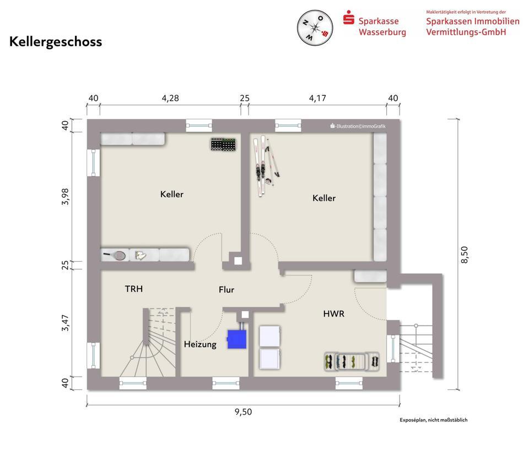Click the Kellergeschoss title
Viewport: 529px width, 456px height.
(x=56, y=42)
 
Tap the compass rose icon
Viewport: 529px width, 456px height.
(x=315, y=28)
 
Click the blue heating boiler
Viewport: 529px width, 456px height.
(x=237, y=339)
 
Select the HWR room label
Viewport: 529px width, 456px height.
(x=334, y=314)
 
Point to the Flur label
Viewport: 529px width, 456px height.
(x=226, y=290)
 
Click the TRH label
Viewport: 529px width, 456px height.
(x=134, y=289)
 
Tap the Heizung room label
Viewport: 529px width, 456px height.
(x=200, y=344)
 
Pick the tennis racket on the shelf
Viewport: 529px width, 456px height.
(x=115, y=256)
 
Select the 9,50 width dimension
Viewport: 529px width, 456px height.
(x=243, y=412)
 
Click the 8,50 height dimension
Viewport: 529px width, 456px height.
(x=465, y=254)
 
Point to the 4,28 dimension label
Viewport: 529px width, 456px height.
(x=170, y=98)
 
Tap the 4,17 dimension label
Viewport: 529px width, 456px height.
(x=317, y=98)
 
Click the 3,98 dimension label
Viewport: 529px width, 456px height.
(x=65, y=197)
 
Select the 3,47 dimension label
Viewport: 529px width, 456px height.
(x=65, y=323)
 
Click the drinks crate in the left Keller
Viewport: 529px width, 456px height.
(x=223, y=144)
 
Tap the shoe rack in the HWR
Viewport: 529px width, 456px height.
(x=352, y=362)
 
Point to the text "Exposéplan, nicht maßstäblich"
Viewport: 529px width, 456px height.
(x=434, y=420)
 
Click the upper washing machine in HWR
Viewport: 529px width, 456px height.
(x=269, y=336)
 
